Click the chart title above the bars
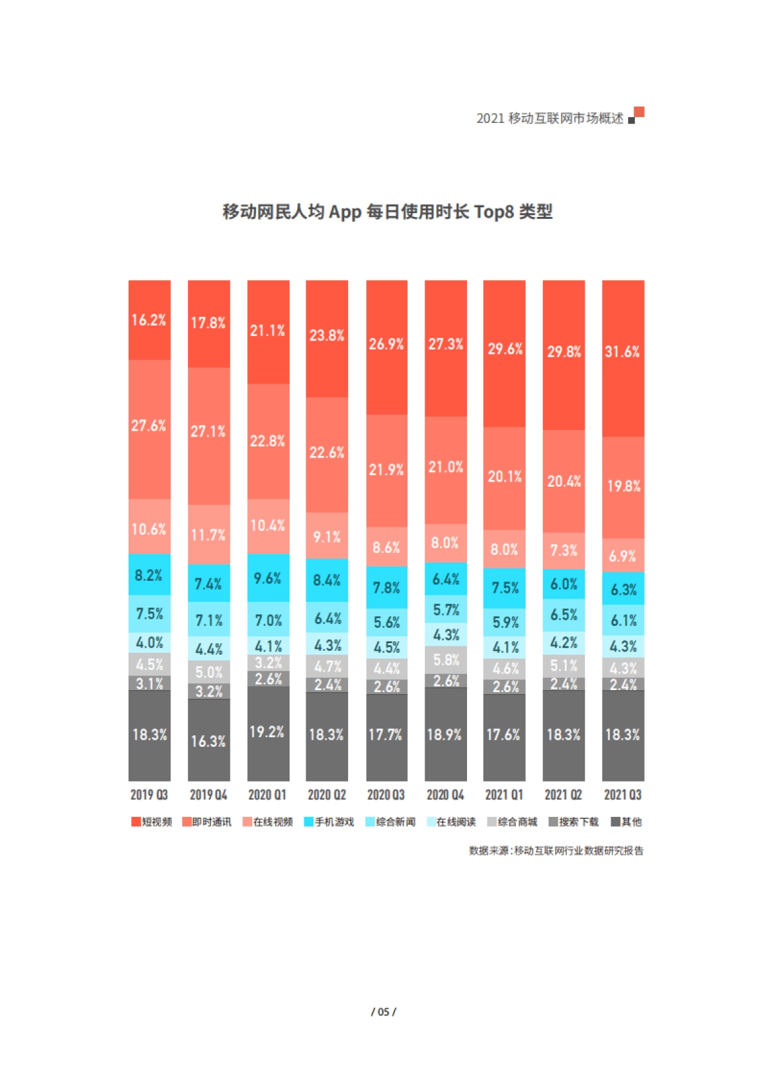tap(387, 212)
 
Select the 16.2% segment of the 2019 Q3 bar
tap(149, 320)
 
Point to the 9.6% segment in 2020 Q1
tap(268, 578)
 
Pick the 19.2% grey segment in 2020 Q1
tap(268, 733)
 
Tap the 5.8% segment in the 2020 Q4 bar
tap(446, 660)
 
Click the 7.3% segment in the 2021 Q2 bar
tap(564, 550)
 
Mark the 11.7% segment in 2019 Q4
tap(208, 534)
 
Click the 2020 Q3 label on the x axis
tap(386, 795)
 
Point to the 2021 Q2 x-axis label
tap(564, 795)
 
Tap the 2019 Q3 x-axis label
tap(149, 795)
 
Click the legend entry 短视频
tap(152, 822)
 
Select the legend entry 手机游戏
tap(329, 822)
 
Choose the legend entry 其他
tap(627, 822)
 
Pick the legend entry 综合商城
tap(513, 822)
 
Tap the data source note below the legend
tap(556, 851)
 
